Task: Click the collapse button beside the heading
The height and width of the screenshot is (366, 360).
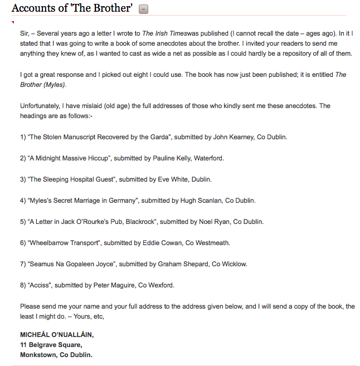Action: pyautogui.click(x=143, y=9)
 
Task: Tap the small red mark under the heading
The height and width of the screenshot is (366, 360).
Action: pyautogui.click(x=12, y=22)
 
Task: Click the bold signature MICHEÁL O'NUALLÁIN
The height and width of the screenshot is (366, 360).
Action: pyautogui.click(x=57, y=335)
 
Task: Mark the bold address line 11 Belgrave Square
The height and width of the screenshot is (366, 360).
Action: pyautogui.click(x=51, y=345)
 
